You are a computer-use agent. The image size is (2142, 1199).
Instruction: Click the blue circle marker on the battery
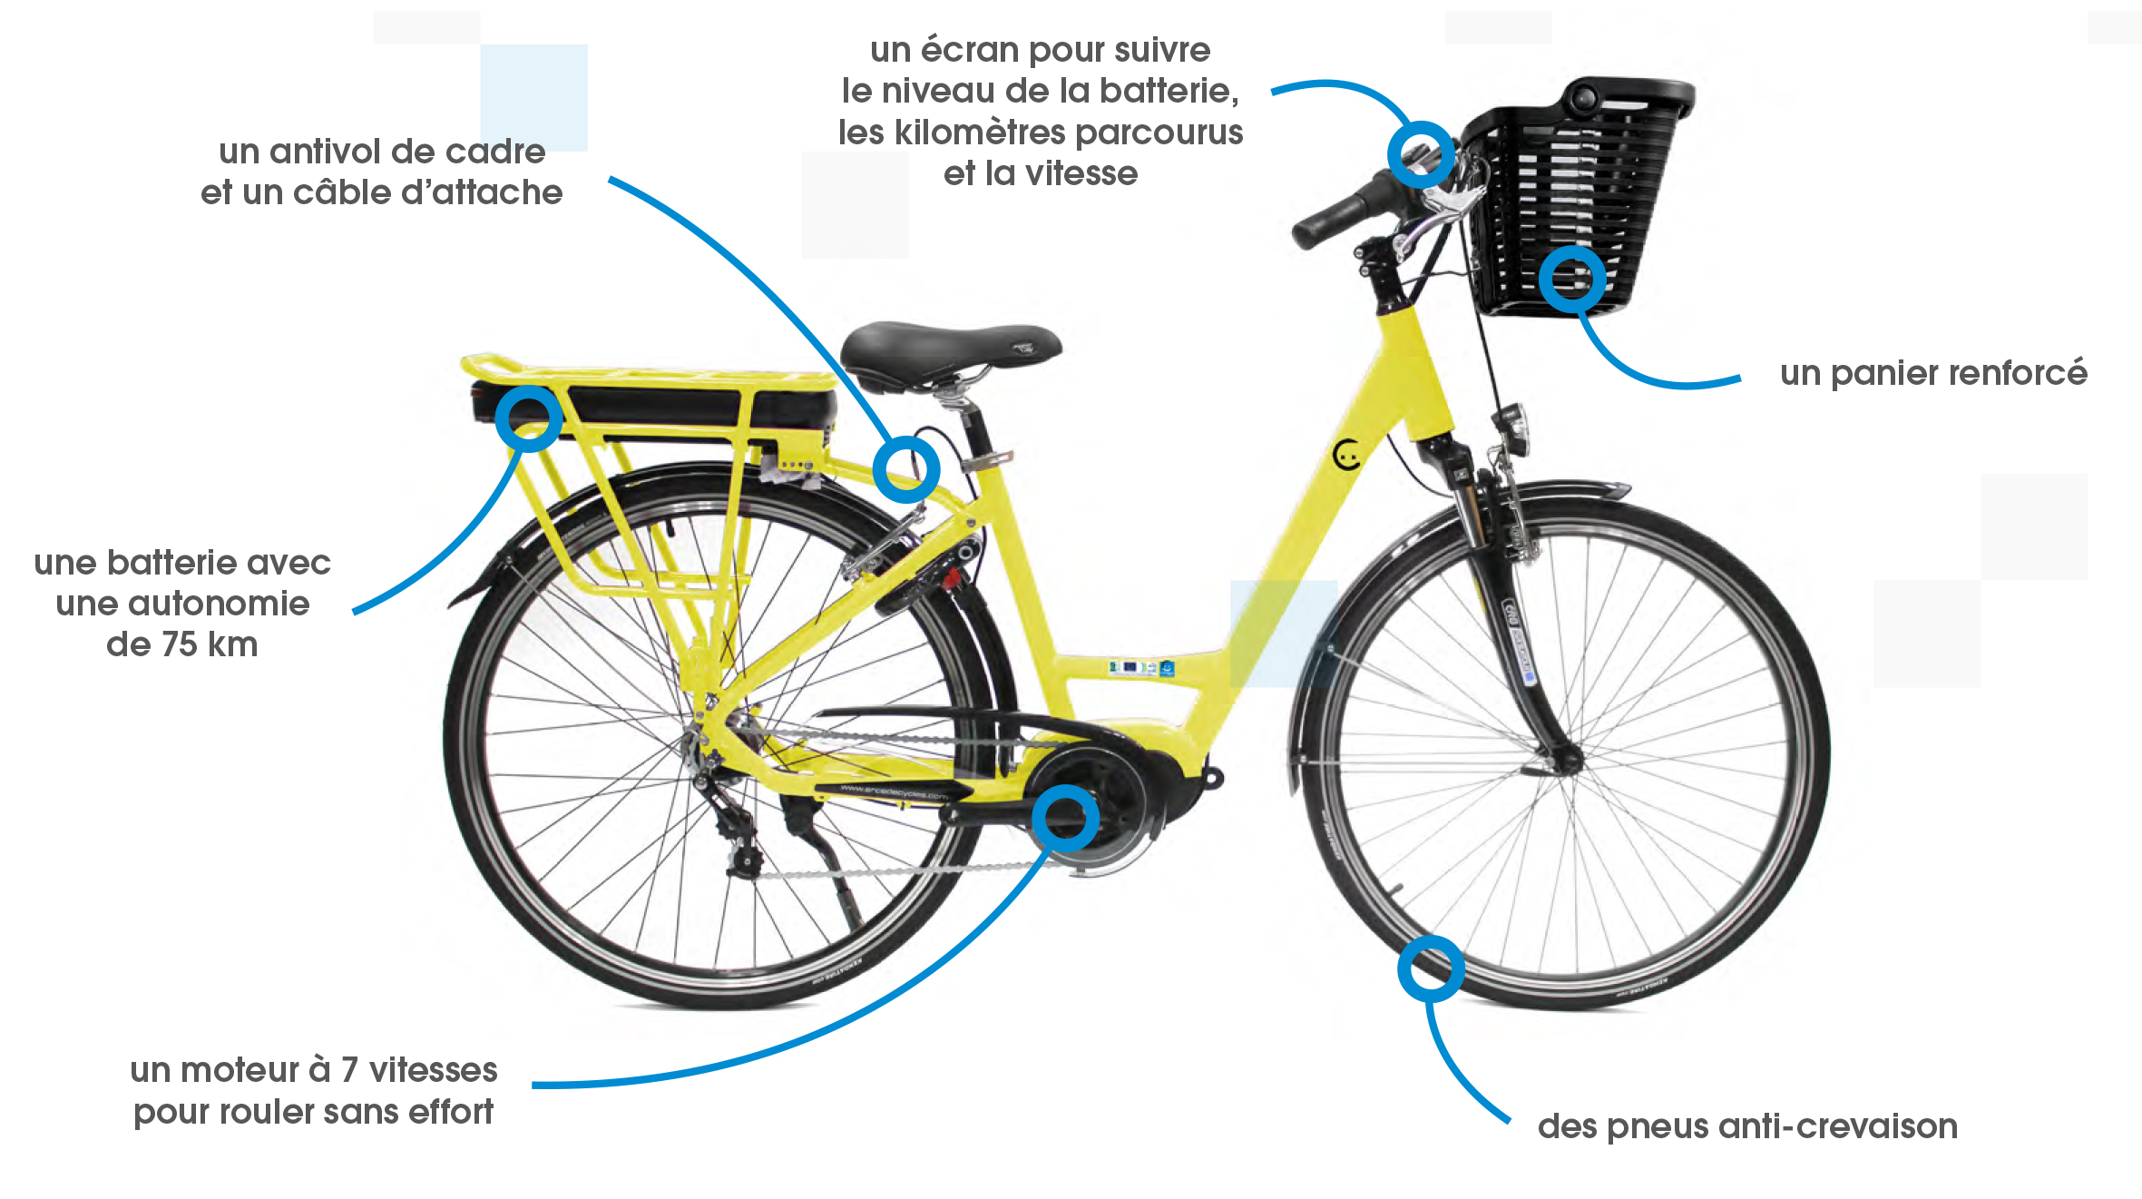[x=529, y=418]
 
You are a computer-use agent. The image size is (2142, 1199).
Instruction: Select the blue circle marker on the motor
[x=1065, y=819]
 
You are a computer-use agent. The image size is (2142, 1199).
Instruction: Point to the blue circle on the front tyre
[x=1431, y=968]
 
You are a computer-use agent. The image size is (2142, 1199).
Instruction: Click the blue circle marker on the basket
[x=1572, y=280]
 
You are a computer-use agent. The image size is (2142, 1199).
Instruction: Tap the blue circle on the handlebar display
[x=1421, y=154]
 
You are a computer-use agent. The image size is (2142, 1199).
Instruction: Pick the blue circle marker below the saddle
[x=905, y=469]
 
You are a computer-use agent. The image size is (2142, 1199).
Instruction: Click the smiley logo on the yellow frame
[x=1348, y=454]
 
